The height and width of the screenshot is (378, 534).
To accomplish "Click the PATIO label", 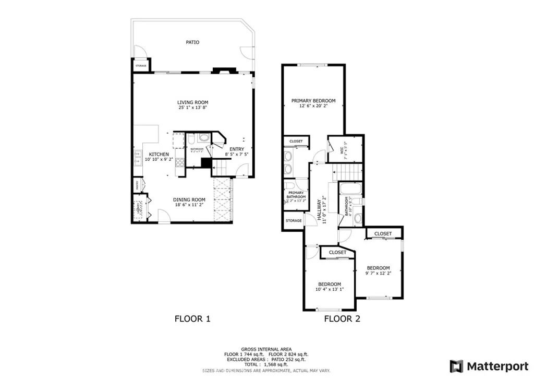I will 192,42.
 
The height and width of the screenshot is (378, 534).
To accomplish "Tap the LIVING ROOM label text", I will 192,102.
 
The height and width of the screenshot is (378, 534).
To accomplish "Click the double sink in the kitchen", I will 138,157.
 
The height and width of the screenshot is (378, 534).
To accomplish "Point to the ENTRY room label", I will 236,149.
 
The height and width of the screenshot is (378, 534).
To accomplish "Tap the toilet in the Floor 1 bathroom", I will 191,139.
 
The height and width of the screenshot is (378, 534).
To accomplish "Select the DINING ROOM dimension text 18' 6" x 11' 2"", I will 189,206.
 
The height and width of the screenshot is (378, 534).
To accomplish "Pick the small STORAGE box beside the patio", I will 141,66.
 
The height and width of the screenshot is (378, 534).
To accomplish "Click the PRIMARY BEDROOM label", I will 313,101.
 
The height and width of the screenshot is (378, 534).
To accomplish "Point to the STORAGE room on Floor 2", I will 294,221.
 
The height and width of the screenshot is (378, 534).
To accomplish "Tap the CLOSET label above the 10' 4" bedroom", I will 337,253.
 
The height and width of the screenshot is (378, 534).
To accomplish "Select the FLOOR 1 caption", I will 192,318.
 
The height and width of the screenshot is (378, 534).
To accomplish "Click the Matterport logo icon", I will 456,365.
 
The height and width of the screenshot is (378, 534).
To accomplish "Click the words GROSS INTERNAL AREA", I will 266,349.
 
